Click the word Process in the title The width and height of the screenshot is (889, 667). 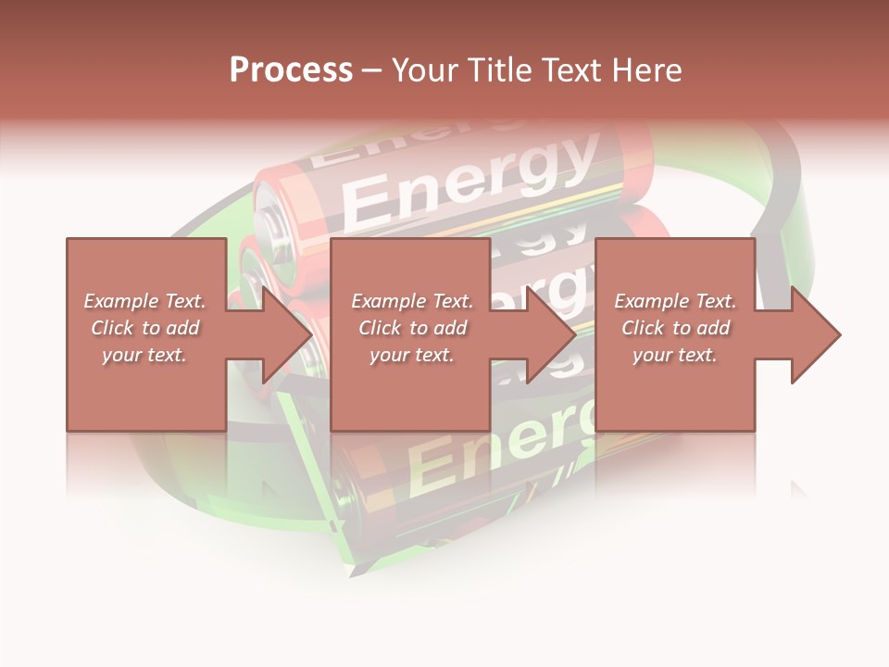291,70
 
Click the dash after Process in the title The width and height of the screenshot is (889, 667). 372,71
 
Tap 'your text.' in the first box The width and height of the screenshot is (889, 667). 144,355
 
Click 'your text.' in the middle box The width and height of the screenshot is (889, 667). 412,355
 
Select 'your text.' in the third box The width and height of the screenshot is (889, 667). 675,355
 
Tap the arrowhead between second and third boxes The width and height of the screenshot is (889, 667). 549,334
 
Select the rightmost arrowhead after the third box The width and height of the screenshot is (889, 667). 813,334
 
